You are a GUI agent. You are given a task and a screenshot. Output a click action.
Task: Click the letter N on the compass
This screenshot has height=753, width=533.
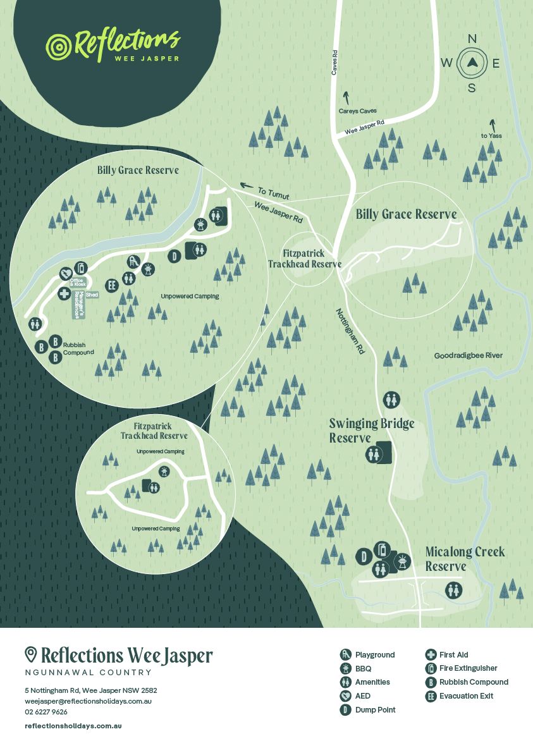tap(472, 39)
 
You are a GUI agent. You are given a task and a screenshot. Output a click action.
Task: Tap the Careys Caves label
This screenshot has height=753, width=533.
tap(357, 111)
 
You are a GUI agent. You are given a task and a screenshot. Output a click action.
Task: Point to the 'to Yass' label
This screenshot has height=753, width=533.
tap(491, 135)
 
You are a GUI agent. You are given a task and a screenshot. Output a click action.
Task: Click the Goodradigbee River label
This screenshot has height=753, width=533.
tap(468, 355)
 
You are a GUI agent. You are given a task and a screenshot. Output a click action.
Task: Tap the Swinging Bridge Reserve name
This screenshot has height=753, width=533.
tap(371, 431)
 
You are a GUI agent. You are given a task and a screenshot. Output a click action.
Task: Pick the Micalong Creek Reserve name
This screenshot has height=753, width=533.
tap(464, 559)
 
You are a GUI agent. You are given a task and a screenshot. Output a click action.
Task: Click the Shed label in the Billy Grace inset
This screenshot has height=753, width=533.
tap(92, 295)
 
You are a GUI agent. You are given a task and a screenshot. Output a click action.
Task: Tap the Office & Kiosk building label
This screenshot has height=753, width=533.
tap(78, 282)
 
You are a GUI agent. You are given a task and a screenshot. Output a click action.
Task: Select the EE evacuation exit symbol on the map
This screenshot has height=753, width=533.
tap(113, 285)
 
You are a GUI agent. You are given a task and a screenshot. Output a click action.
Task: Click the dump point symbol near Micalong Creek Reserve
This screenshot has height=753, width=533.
tap(364, 557)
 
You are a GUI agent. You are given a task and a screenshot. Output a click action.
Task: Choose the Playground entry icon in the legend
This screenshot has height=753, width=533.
tap(345, 655)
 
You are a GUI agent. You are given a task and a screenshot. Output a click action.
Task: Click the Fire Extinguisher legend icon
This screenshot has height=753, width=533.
tap(431, 668)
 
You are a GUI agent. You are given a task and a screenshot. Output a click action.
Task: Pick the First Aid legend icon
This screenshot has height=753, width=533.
tap(431, 655)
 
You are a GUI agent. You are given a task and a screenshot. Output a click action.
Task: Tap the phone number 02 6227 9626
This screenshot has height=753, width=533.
tap(46, 712)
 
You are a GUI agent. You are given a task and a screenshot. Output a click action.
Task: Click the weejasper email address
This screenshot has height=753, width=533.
tap(88, 701)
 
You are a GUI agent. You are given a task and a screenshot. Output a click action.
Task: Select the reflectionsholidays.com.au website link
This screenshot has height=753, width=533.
tap(73, 726)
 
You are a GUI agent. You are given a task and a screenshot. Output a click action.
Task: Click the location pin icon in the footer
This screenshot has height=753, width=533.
tap(30, 654)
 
